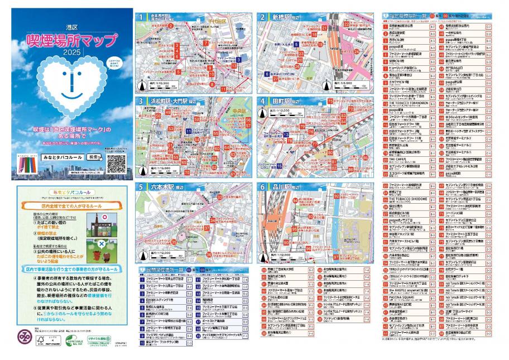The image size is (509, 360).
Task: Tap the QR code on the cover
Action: point(116,163)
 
